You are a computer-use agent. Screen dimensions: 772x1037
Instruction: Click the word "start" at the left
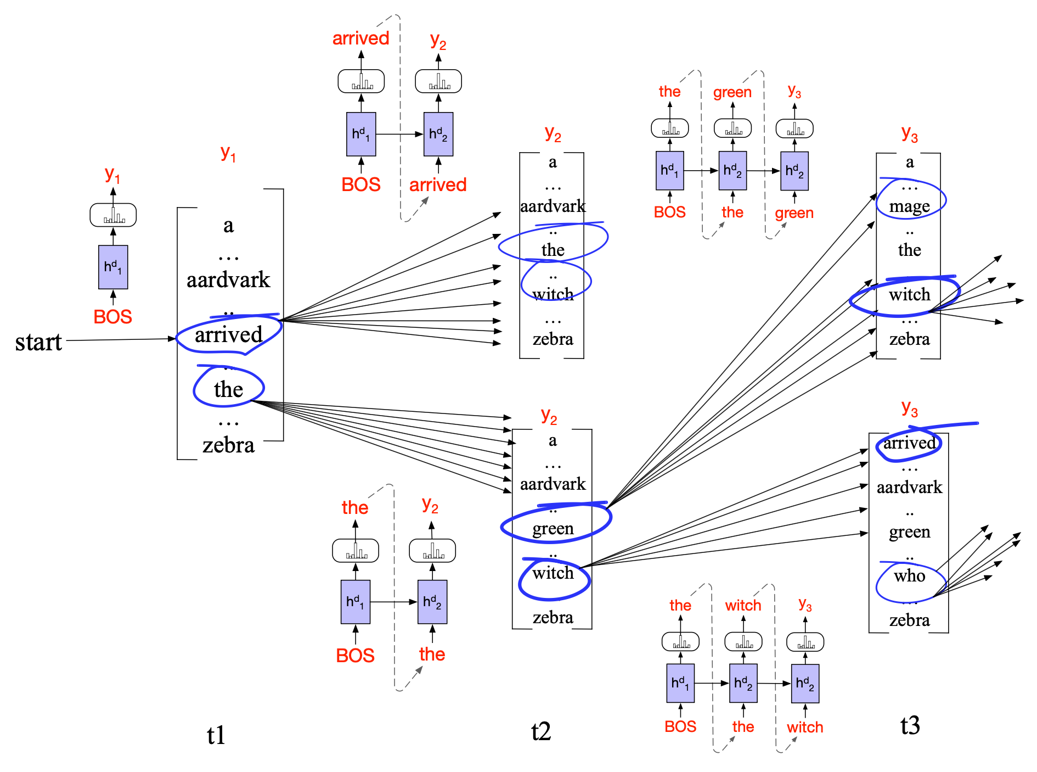[38, 342]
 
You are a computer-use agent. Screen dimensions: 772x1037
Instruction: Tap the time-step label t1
[216, 735]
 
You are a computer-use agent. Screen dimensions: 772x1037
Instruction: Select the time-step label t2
[540, 731]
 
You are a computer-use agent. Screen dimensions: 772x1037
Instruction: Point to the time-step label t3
[910, 725]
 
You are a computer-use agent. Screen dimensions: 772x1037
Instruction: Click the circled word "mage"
[909, 206]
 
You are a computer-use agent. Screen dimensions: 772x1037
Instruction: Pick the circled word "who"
[909, 575]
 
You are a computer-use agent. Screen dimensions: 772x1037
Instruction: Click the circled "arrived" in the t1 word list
[229, 334]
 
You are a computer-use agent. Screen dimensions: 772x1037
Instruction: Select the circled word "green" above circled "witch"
[553, 528]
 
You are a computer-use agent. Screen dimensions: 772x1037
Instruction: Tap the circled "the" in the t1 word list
[228, 389]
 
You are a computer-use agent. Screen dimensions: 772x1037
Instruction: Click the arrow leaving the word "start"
[121, 340]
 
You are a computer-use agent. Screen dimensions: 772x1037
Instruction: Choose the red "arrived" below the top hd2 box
[438, 184]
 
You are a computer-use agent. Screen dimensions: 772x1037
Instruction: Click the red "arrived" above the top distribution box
[360, 38]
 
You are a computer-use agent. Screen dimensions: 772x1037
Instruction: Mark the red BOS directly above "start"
[112, 316]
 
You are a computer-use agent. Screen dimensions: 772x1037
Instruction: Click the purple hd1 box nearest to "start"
[113, 267]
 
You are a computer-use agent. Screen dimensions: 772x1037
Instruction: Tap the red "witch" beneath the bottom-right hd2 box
[805, 727]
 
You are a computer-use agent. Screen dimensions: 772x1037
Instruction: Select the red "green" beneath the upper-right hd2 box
[794, 212]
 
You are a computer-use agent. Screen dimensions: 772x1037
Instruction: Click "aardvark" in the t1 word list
[228, 280]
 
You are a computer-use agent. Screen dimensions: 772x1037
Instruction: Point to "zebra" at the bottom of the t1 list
[228, 445]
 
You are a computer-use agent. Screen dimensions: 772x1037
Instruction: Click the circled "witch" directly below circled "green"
[553, 573]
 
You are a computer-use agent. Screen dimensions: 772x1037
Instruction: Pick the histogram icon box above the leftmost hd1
[113, 215]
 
